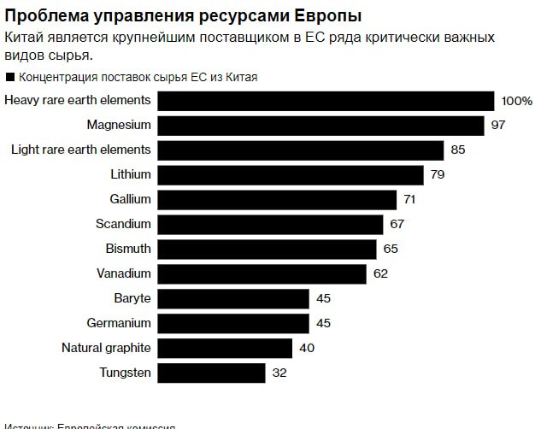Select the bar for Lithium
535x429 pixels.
[291, 174]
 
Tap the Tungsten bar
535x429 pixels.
[211, 373]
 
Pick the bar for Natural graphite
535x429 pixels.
[225, 348]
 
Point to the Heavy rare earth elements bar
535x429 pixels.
[326, 100]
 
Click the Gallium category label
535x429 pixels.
[131, 199]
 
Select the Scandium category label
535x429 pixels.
[123, 224]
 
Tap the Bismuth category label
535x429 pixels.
[127, 249]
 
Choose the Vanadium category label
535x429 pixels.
[124, 273]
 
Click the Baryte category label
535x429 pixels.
[132, 298]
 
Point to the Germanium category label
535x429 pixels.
[119, 323]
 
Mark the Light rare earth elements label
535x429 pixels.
[80, 150]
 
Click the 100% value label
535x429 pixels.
[516, 101]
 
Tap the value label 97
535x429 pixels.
[498, 125]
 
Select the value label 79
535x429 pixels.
[436, 174]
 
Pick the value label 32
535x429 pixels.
[279, 373]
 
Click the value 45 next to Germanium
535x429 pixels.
[322, 323]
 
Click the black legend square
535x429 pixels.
[9, 77]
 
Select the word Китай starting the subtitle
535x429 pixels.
[26, 38]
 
